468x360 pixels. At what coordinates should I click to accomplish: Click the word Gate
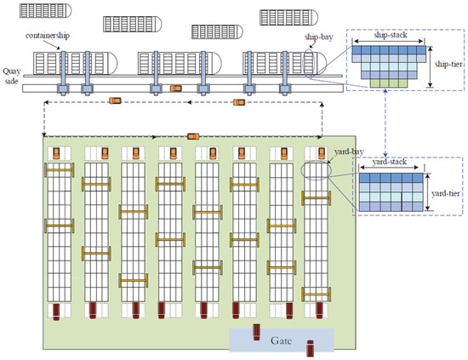281,340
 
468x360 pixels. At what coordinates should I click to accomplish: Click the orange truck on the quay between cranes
175,88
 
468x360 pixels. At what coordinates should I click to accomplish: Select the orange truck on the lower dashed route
193,134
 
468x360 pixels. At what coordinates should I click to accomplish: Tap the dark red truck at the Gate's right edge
310,346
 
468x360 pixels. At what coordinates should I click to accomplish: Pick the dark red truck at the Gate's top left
254,331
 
